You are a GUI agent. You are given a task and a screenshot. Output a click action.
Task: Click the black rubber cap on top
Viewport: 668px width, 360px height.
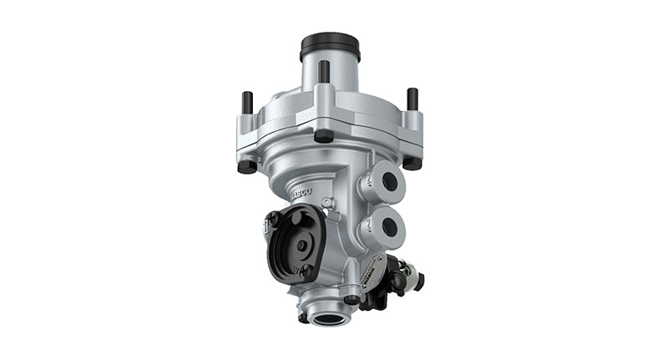tap(330, 43)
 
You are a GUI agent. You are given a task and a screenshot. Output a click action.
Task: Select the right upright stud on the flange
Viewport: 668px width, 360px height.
tap(412, 99)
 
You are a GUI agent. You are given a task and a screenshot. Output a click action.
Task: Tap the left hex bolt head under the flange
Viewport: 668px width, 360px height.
tap(246, 165)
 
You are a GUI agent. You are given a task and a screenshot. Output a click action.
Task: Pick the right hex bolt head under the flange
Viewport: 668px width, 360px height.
tap(412, 162)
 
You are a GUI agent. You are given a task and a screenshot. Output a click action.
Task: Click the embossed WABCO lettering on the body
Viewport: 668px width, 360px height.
tap(301, 191)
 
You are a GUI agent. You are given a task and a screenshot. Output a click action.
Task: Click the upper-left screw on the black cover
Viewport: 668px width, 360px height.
tap(272, 219)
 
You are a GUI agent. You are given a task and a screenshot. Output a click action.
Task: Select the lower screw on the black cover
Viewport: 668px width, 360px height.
tap(306, 271)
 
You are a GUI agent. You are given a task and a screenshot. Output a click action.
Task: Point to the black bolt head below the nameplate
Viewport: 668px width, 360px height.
tap(352, 299)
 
